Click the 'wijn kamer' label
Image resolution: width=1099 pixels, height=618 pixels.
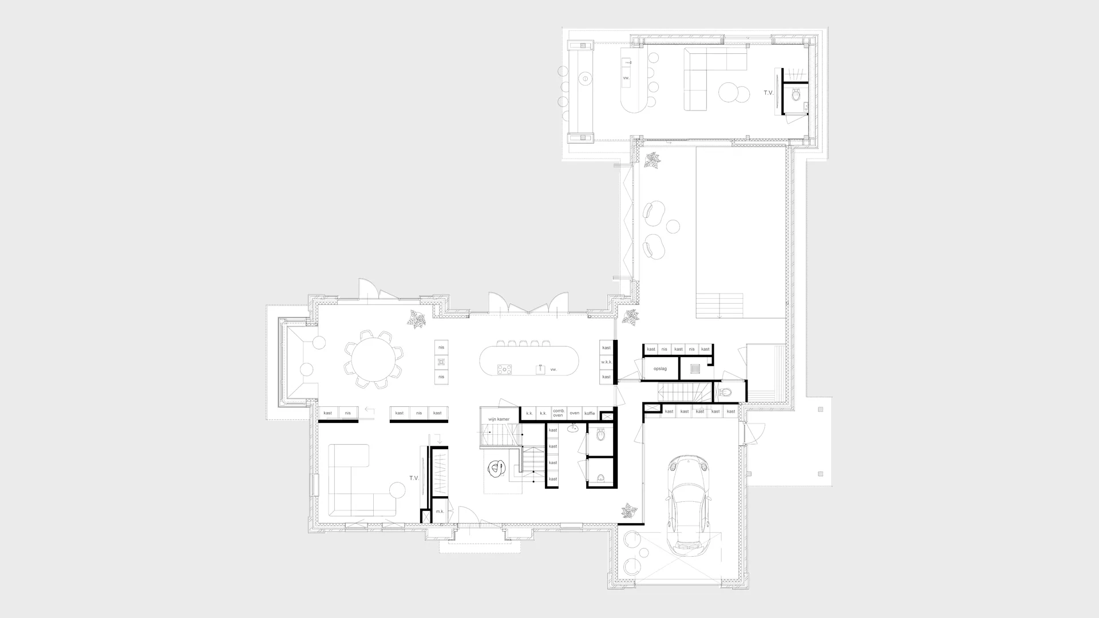click(x=499, y=419)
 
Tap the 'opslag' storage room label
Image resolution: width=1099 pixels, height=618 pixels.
click(x=660, y=369)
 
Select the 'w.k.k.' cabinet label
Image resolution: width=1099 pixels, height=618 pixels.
click(x=606, y=362)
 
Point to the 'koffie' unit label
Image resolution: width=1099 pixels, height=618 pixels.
click(x=590, y=413)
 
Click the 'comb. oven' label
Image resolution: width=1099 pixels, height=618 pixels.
click(x=558, y=413)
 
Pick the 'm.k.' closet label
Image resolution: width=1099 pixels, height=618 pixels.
click(x=440, y=512)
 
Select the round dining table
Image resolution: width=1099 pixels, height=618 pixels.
click(x=373, y=359)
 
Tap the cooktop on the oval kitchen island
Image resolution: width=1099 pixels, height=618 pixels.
click(x=504, y=370)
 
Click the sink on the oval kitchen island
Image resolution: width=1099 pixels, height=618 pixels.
click(x=539, y=369)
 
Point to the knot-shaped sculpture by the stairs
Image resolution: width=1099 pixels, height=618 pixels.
click(x=496, y=469)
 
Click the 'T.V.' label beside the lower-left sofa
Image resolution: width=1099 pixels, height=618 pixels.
click(x=414, y=478)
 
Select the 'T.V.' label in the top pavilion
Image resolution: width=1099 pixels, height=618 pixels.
click(x=768, y=93)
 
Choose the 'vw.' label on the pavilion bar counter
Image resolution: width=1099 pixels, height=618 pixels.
click(x=626, y=77)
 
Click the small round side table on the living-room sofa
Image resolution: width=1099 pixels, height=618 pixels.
click(x=398, y=490)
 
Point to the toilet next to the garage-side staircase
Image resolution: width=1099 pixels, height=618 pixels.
click(x=727, y=393)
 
